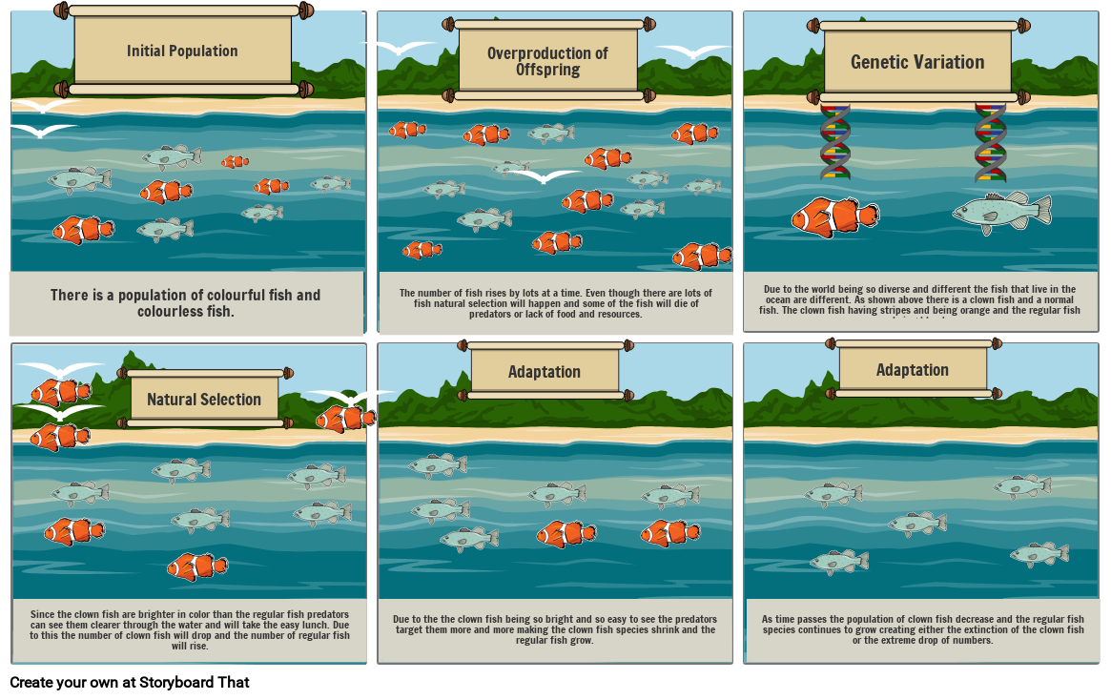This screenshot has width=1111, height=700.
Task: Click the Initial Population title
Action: pos(182,51)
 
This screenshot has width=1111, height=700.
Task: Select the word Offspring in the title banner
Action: pos(547,70)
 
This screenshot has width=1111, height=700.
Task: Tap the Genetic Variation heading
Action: pos(917,62)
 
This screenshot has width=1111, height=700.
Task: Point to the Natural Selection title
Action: pos(204,400)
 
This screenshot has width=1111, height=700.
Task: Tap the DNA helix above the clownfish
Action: pos(835,143)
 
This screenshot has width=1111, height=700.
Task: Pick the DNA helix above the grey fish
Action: pos(990,143)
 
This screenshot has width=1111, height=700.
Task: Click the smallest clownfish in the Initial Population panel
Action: pos(235,162)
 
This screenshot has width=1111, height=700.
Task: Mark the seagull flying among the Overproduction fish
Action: pos(543,175)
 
